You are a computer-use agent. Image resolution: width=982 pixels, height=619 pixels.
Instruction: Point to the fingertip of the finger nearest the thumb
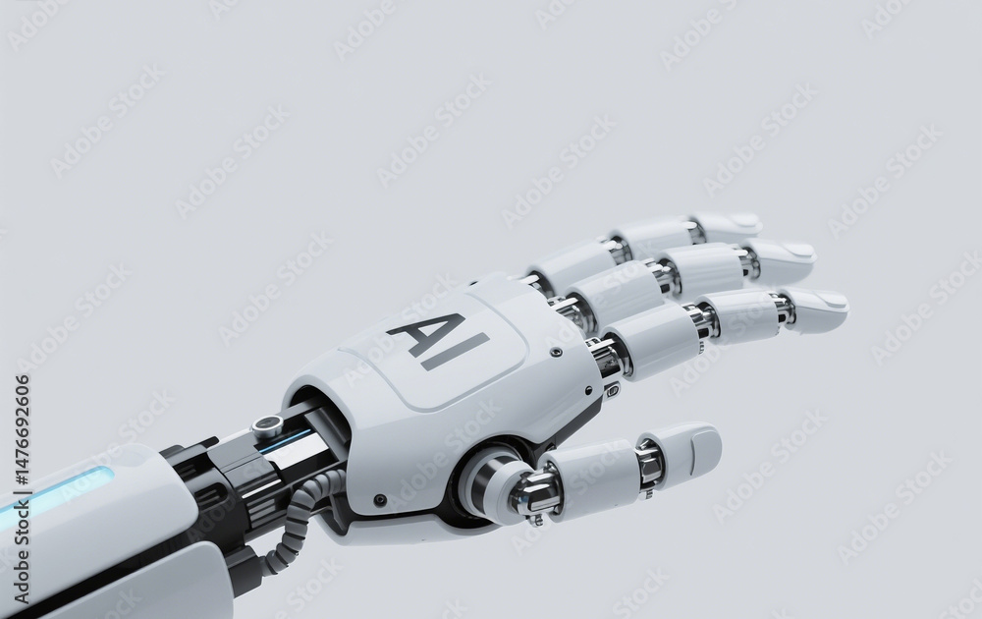tap(843, 307)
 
